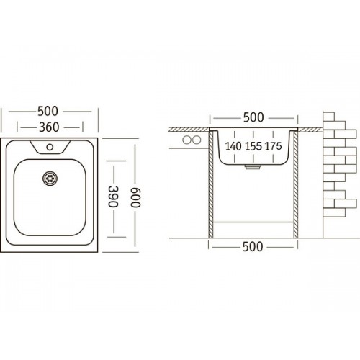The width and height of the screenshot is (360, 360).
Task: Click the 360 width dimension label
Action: pyautogui.click(x=49, y=127)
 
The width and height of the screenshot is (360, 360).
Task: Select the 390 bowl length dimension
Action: pyautogui.click(x=113, y=197)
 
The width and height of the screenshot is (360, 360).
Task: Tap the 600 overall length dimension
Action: pyautogui.click(x=135, y=197)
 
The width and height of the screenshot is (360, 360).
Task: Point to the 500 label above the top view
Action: pyautogui.click(x=48, y=111)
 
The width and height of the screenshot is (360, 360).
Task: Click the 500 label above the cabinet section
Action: pyautogui.click(x=253, y=117)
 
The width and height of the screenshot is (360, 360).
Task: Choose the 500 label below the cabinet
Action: pyautogui.click(x=253, y=246)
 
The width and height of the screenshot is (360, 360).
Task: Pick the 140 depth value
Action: pyautogui.click(x=233, y=146)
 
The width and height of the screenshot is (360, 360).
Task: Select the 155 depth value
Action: pyautogui.click(x=253, y=146)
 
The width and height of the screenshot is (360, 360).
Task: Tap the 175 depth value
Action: pyautogui.click(x=273, y=146)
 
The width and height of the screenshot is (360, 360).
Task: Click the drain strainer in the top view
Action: pyautogui.click(x=50, y=179)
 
